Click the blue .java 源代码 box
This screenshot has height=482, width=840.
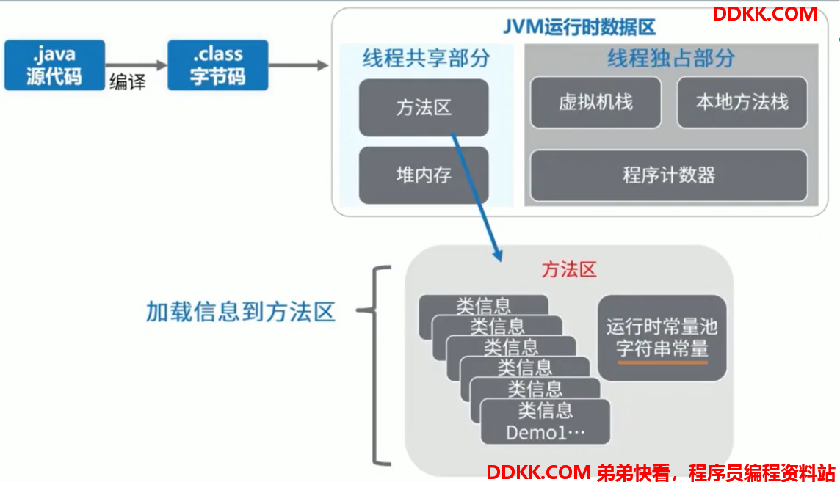click(x=54, y=65)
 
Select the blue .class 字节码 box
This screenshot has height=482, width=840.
click(x=218, y=65)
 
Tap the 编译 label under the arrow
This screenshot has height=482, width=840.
click(x=128, y=82)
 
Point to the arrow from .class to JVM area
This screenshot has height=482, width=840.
click(x=298, y=65)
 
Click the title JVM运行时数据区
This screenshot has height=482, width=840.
click(x=579, y=26)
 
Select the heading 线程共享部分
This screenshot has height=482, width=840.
click(x=426, y=58)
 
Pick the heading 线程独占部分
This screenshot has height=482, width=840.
click(x=670, y=58)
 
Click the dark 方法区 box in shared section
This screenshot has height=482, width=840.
click(x=424, y=108)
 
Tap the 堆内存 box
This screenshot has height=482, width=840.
click(x=424, y=175)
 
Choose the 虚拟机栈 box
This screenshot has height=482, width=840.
click(x=595, y=102)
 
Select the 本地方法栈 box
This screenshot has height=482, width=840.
click(x=742, y=102)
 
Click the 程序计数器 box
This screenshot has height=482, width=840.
click(x=669, y=175)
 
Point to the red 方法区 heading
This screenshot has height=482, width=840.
click(x=569, y=270)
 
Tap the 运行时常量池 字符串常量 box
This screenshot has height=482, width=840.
click(x=662, y=337)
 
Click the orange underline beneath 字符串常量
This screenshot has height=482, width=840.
click(x=663, y=362)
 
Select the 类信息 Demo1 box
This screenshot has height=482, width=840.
click(x=546, y=422)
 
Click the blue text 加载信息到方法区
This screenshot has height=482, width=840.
click(x=241, y=312)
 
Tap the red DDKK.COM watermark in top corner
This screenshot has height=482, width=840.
click(x=764, y=14)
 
